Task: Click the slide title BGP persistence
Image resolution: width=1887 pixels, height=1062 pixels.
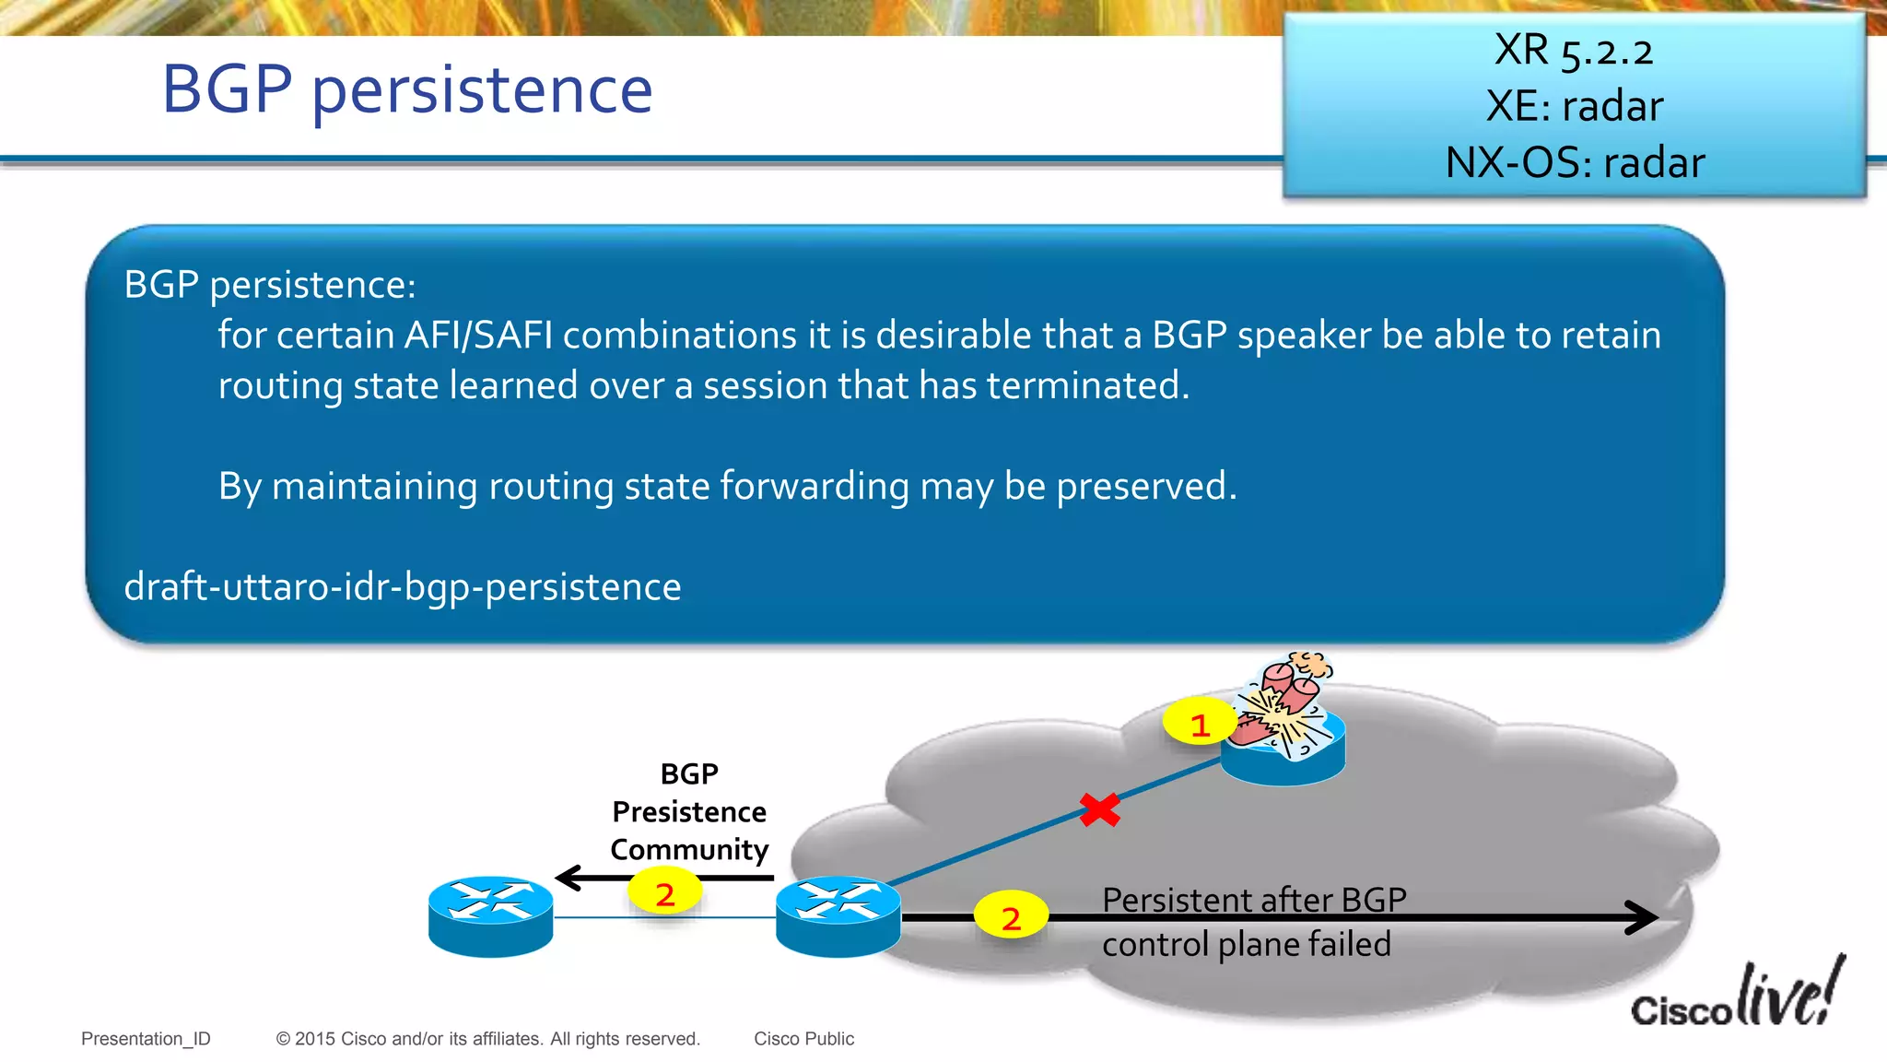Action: tap(407, 90)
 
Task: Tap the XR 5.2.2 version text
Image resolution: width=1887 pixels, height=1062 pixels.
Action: tap(1574, 51)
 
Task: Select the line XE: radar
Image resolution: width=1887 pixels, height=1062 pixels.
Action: tap(1575, 106)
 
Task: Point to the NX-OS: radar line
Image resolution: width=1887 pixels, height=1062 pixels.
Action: tap(1575, 162)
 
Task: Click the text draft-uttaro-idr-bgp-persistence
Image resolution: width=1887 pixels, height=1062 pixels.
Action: tap(403, 587)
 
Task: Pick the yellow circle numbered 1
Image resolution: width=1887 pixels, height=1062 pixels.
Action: tap(1199, 725)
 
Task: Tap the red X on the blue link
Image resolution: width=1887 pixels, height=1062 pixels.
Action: tap(1099, 809)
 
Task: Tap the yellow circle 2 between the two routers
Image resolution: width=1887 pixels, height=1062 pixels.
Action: tap(664, 893)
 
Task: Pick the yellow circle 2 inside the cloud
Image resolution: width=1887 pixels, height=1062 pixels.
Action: tap(1011, 916)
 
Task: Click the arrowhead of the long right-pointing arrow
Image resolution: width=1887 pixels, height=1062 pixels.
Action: tap(1642, 917)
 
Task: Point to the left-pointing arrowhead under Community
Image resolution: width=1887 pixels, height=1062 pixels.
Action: tap(568, 878)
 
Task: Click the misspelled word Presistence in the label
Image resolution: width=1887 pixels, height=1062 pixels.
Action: tap(688, 812)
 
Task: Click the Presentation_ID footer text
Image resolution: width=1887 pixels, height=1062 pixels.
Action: tap(146, 1039)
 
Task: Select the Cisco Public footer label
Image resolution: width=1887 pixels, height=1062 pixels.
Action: tap(803, 1039)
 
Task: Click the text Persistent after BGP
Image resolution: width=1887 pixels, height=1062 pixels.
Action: tap(1253, 900)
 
